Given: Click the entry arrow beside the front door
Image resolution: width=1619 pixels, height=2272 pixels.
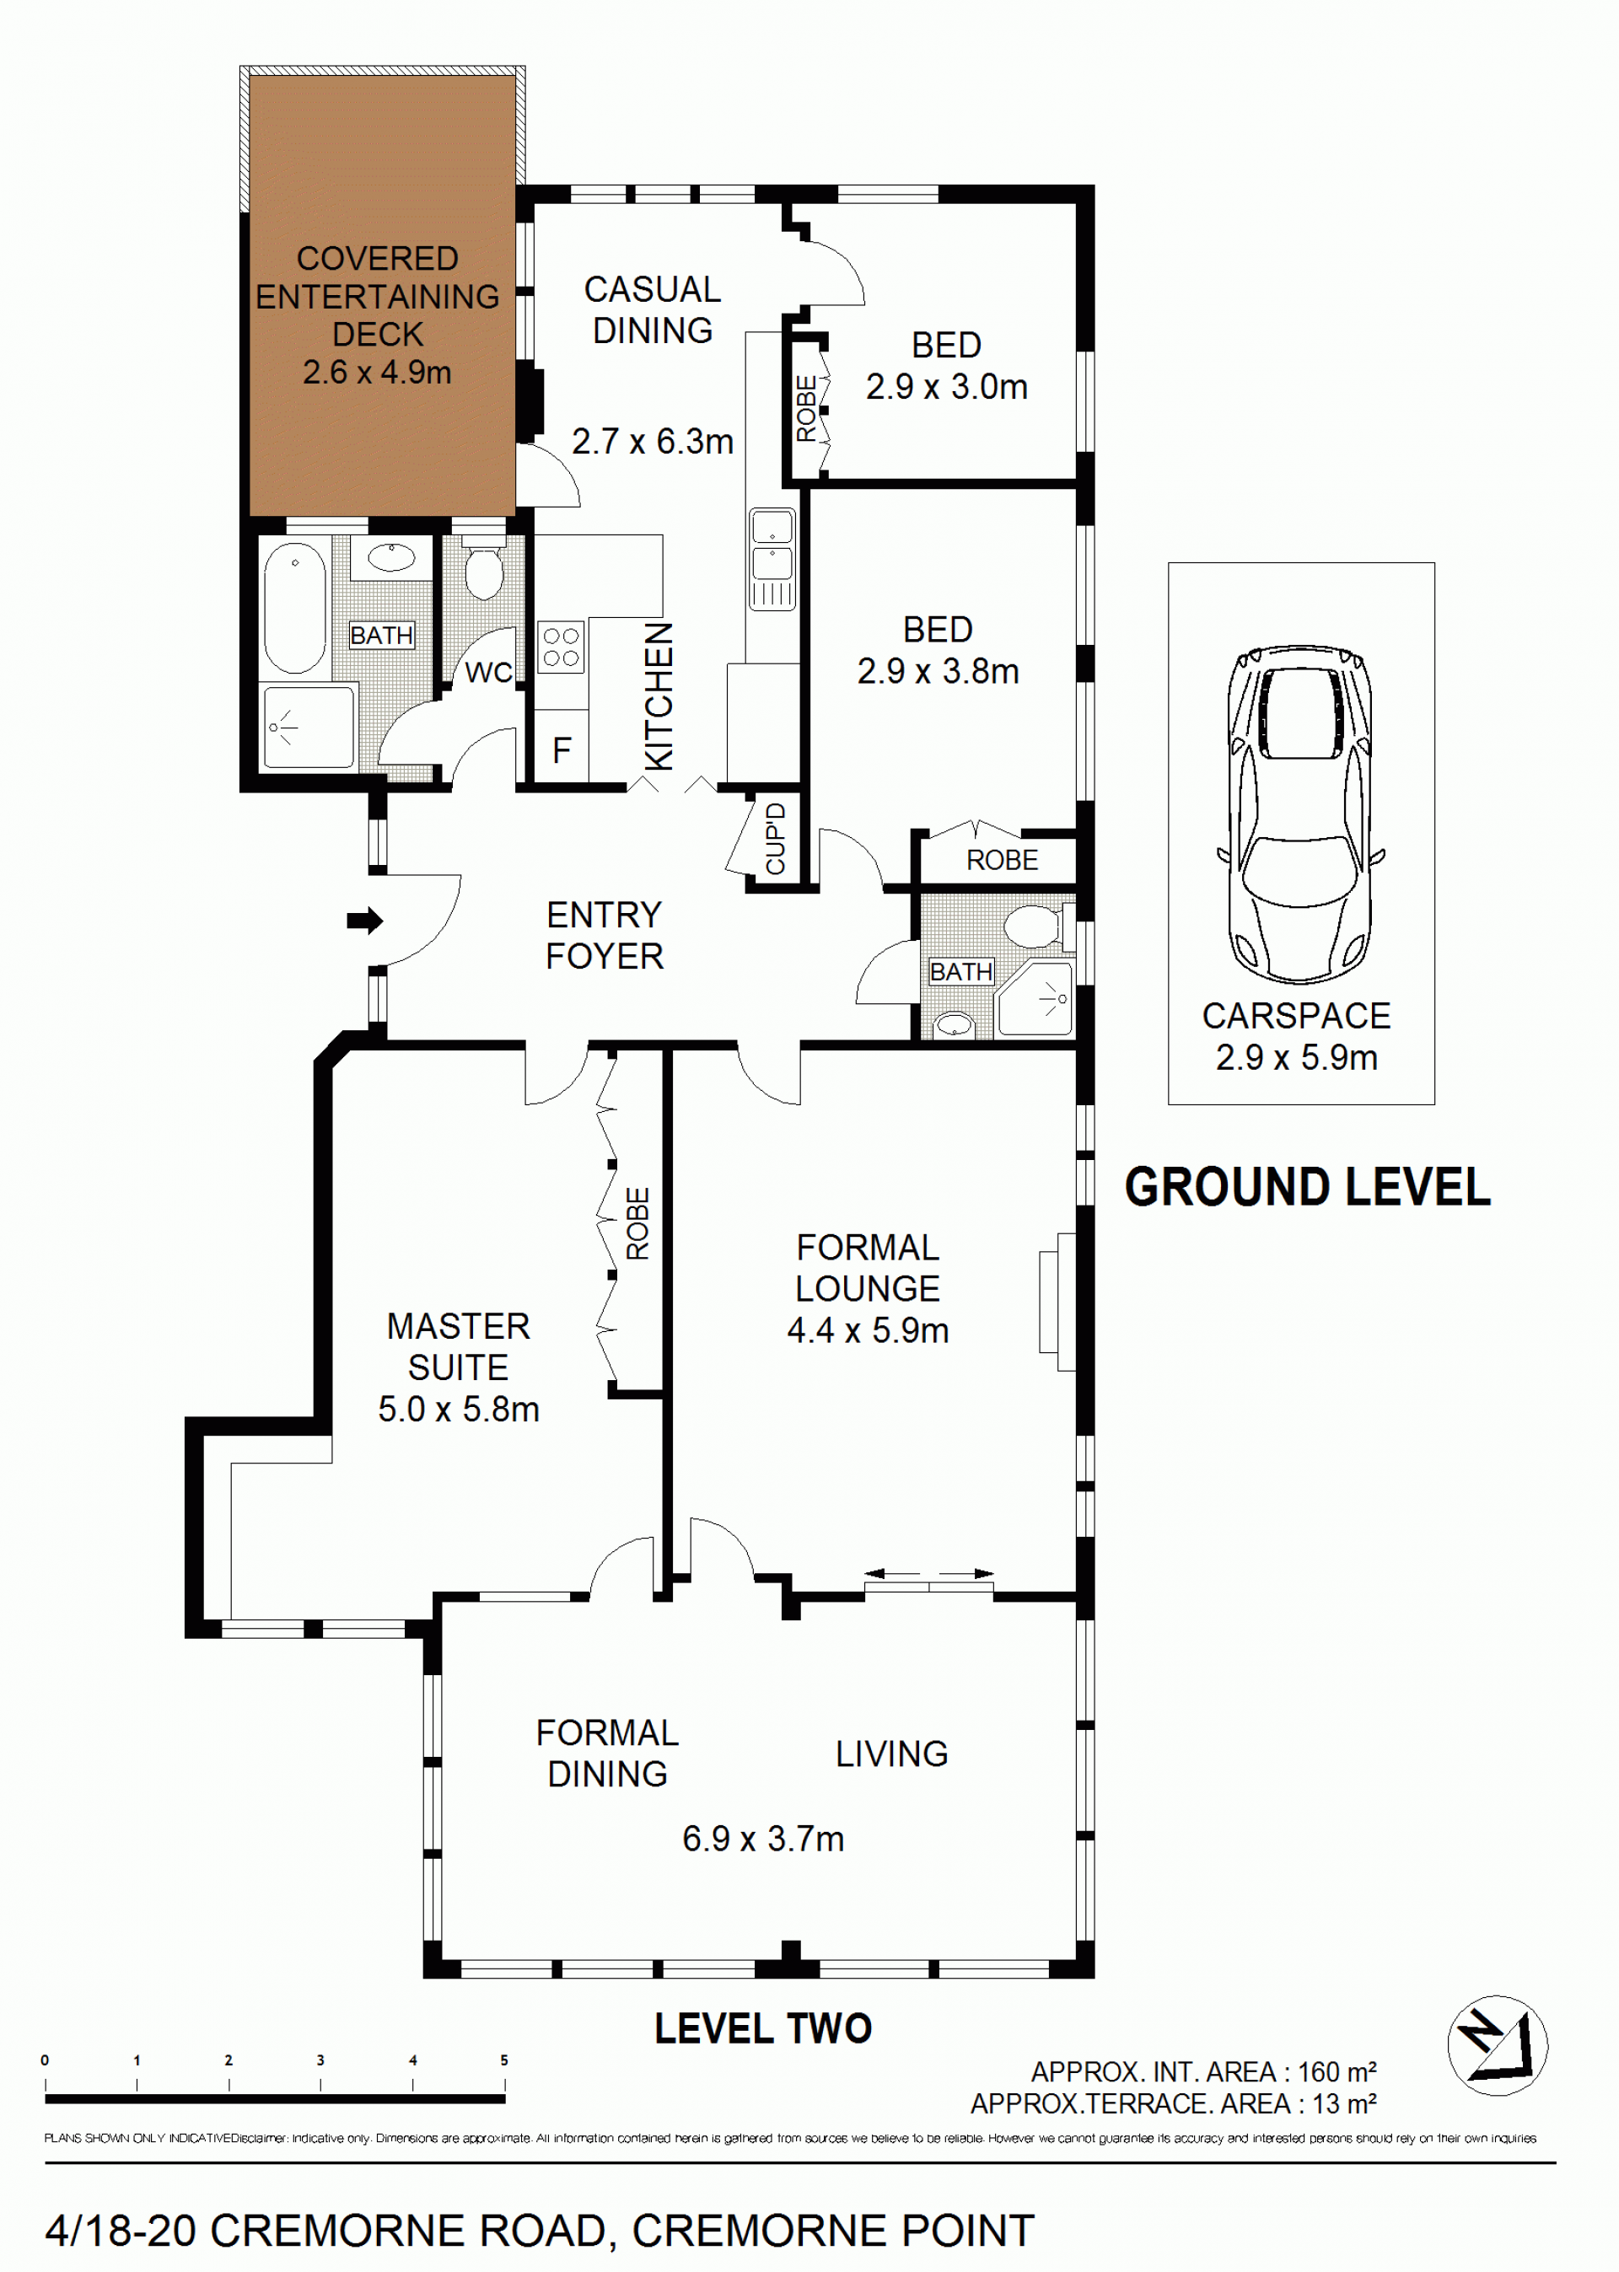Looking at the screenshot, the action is (x=365, y=921).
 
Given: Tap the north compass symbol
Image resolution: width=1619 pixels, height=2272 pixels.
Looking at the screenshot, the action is (x=1498, y=2046).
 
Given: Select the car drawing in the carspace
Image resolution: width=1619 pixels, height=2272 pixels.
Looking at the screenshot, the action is (x=1300, y=814).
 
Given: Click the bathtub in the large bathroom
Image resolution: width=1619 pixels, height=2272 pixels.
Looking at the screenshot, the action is (x=294, y=607).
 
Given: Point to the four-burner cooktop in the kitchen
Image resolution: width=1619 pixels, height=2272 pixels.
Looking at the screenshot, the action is (x=560, y=647).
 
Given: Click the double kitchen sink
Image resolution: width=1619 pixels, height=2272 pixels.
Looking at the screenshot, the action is (x=772, y=559).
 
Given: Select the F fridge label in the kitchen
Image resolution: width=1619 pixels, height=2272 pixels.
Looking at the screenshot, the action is (x=562, y=749).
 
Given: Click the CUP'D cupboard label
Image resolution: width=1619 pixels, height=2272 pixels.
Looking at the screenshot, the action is (x=775, y=838).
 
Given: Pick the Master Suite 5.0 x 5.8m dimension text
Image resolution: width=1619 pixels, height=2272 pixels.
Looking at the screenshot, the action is (x=459, y=1409).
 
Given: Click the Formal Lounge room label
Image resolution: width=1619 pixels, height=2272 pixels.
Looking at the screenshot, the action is (x=868, y=1268).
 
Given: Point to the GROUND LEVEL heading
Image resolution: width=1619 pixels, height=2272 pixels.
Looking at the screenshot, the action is (x=1307, y=1187).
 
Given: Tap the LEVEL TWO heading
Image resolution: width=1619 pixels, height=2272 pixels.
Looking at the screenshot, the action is (x=762, y=2028).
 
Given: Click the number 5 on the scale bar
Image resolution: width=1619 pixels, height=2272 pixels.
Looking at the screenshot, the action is (x=504, y=2060).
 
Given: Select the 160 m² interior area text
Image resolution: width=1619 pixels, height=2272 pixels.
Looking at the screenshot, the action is (x=1337, y=2071).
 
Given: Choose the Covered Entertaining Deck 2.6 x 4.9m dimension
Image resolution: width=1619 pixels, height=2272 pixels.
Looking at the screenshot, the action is (x=377, y=372).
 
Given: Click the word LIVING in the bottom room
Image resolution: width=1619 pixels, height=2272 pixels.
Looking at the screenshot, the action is (x=892, y=1753).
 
